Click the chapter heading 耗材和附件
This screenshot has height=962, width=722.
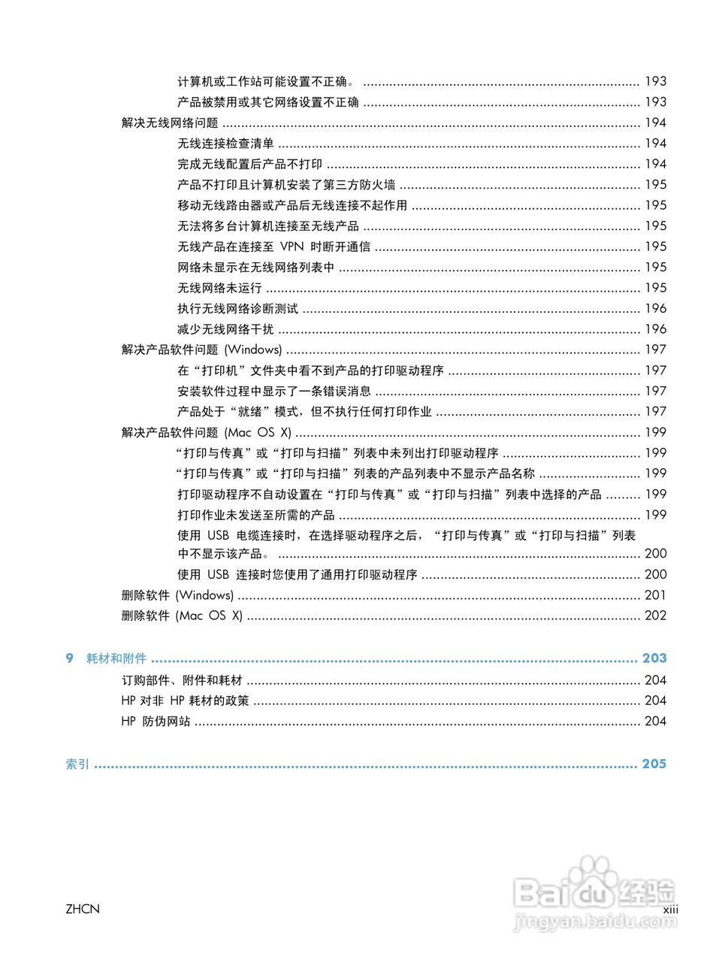(x=116, y=658)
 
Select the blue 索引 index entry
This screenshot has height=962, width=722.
(x=77, y=764)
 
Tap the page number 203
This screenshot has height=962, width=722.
(x=654, y=658)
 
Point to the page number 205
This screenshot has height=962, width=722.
(x=654, y=764)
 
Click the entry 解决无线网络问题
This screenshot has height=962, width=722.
(x=170, y=123)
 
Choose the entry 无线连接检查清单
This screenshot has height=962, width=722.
(x=225, y=144)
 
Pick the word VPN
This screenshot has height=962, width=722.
(x=292, y=247)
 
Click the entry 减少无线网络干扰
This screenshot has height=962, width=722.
(x=225, y=329)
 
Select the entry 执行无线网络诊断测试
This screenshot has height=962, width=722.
(x=237, y=308)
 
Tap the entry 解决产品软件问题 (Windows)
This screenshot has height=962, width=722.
(x=201, y=349)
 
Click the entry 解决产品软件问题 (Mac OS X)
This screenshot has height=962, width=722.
(x=206, y=432)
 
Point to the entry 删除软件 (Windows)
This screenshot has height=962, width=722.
(x=177, y=595)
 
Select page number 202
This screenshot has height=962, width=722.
(x=656, y=616)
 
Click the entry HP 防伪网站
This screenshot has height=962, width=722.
(x=156, y=721)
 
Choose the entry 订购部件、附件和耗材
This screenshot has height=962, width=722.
(x=182, y=680)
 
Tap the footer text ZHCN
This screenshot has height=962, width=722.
(x=83, y=909)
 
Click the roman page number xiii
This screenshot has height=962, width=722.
(x=670, y=909)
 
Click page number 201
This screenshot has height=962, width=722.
(x=656, y=595)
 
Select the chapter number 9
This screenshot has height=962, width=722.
(x=70, y=658)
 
